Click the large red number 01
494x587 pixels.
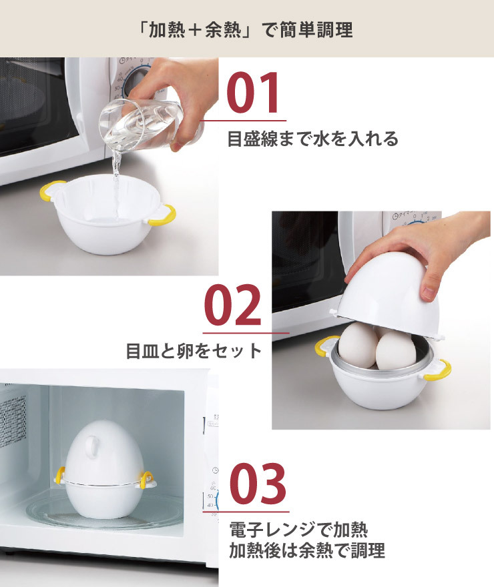coord(253,95)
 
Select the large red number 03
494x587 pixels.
coord(258,485)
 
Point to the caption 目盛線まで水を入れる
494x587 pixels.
coord(312,139)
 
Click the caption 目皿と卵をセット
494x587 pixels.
coord(194,351)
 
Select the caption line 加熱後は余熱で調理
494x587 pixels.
coord(306,552)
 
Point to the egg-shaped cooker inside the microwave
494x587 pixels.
coord(103,473)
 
